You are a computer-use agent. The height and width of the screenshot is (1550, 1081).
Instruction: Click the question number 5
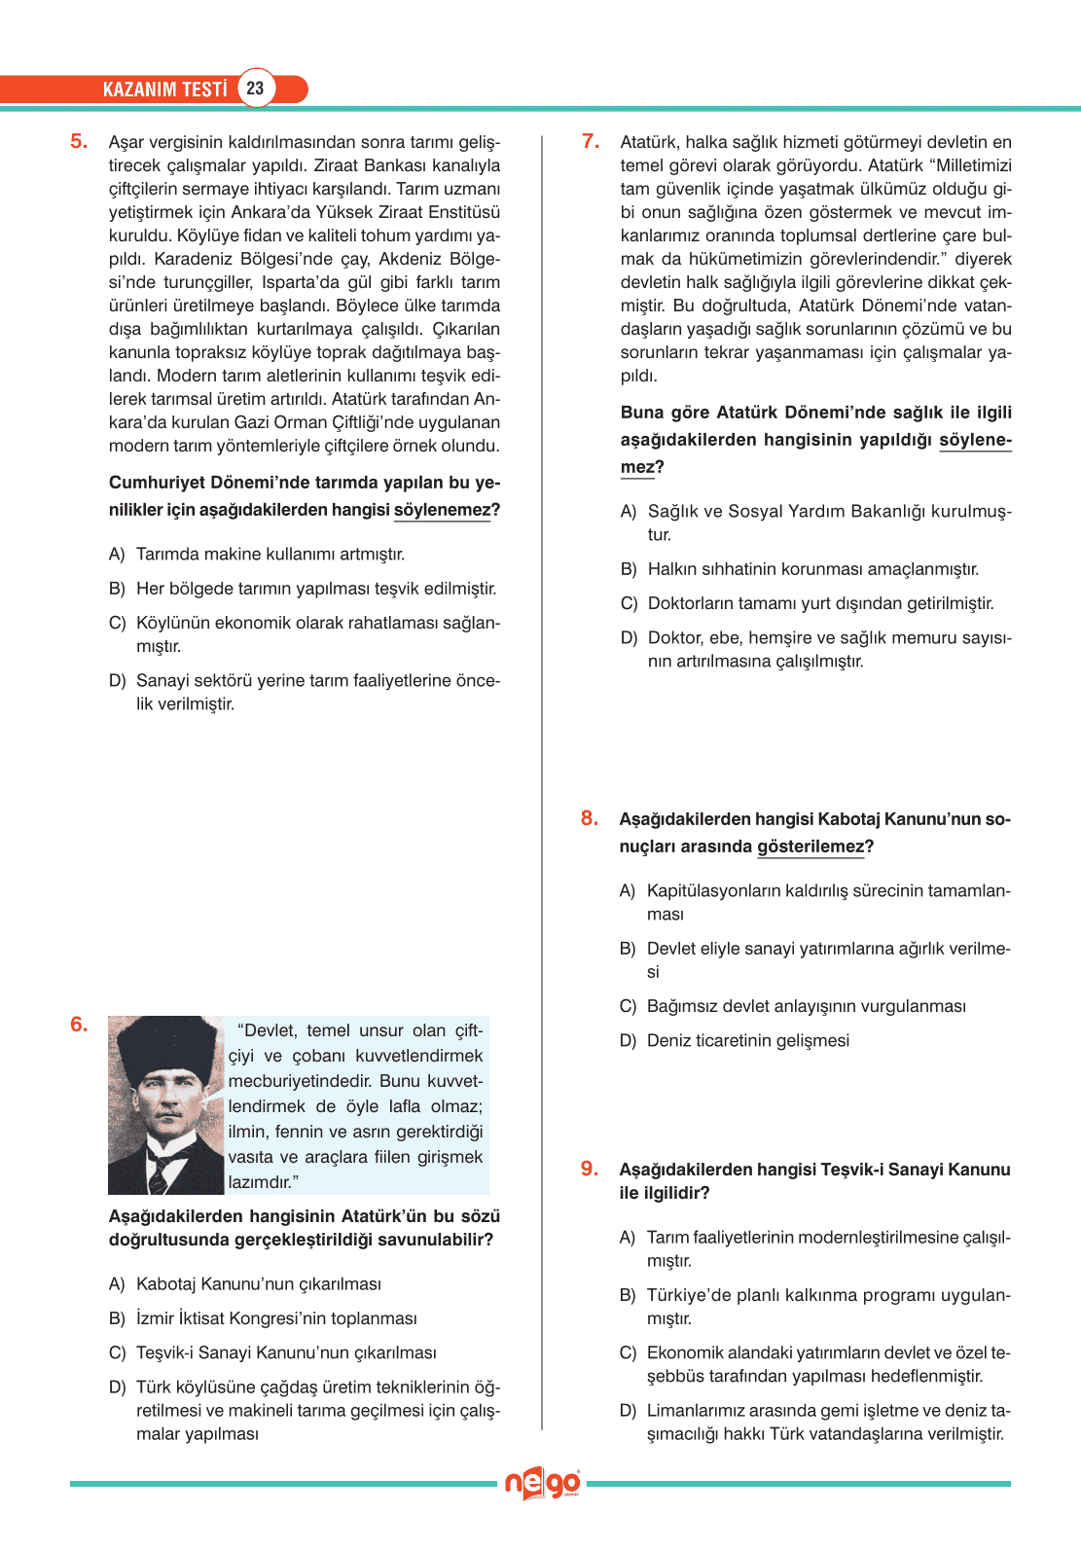(78, 142)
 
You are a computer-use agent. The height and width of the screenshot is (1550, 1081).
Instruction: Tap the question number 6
(78, 1025)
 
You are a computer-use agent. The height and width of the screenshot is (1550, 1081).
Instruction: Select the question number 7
(590, 142)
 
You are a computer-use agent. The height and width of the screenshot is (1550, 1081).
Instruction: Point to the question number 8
(589, 818)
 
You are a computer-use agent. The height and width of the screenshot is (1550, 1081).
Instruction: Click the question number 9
(589, 1169)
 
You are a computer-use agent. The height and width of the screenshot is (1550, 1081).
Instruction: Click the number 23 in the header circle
(255, 89)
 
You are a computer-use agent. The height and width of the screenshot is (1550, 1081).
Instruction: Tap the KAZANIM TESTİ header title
(164, 90)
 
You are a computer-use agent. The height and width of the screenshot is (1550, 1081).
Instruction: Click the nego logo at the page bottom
(542, 1484)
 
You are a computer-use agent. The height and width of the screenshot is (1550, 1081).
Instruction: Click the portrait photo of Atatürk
(165, 1105)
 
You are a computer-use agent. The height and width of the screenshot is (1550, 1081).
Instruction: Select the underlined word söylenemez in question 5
(442, 510)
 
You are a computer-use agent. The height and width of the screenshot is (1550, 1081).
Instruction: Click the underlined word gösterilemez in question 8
(810, 847)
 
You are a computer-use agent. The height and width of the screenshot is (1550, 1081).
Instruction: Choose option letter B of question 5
(117, 589)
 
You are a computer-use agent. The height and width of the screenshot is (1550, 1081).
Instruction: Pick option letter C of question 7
(629, 603)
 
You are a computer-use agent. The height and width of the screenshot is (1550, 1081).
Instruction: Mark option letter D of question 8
(628, 1041)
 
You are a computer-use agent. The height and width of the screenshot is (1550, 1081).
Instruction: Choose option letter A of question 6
(117, 1284)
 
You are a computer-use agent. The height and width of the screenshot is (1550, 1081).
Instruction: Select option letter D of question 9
(628, 1411)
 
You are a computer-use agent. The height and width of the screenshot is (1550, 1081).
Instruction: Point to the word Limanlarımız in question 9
(697, 1411)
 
